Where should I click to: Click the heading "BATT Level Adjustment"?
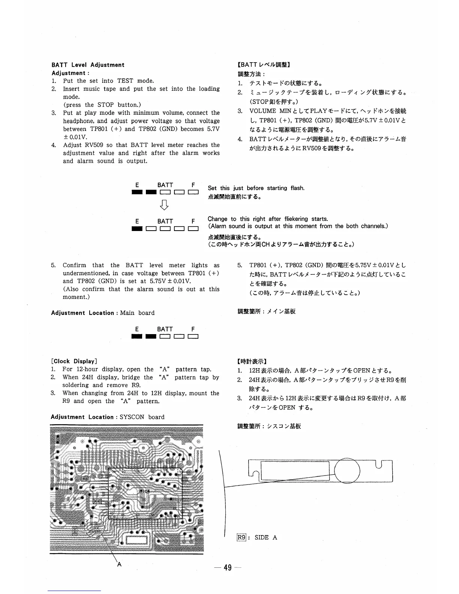(x=88, y=65)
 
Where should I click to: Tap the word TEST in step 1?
(x=125, y=81)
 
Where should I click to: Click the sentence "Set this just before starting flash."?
(x=256, y=188)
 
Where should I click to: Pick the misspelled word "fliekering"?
(x=290, y=219)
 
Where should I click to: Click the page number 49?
(x=227, y=568)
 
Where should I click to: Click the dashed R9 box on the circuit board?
(x=98, y=501)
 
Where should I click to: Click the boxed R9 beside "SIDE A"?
(x=241, y=537)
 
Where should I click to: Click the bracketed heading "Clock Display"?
(x=74, y=361)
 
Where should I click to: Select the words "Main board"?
(x=137, y=313)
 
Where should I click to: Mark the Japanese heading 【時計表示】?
(x=252, y=361)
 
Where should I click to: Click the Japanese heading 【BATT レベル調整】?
(x=263, y=65)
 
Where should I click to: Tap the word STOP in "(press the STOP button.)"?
(x=105, y=105)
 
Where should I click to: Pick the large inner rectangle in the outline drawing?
(x=295, y=471)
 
